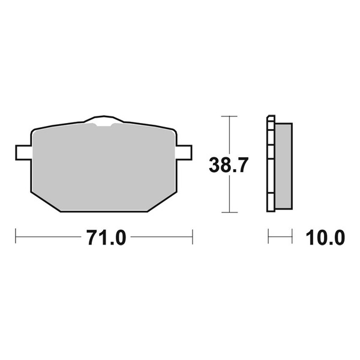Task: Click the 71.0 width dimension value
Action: point(106,238)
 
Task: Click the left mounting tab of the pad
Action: point(22,152)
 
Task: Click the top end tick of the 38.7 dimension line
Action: point(226,115)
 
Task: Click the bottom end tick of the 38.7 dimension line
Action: point(226,212)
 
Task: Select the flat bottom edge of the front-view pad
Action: point(103,211)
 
